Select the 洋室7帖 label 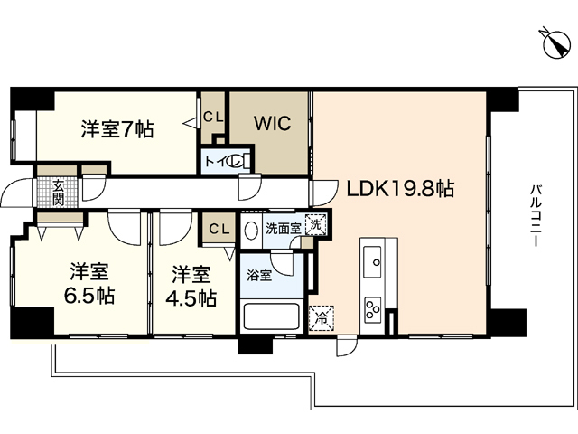tap(117, 129)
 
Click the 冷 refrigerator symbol tap(319, 317)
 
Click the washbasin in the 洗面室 tap(251, 229)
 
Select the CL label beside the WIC tap(213, 117)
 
